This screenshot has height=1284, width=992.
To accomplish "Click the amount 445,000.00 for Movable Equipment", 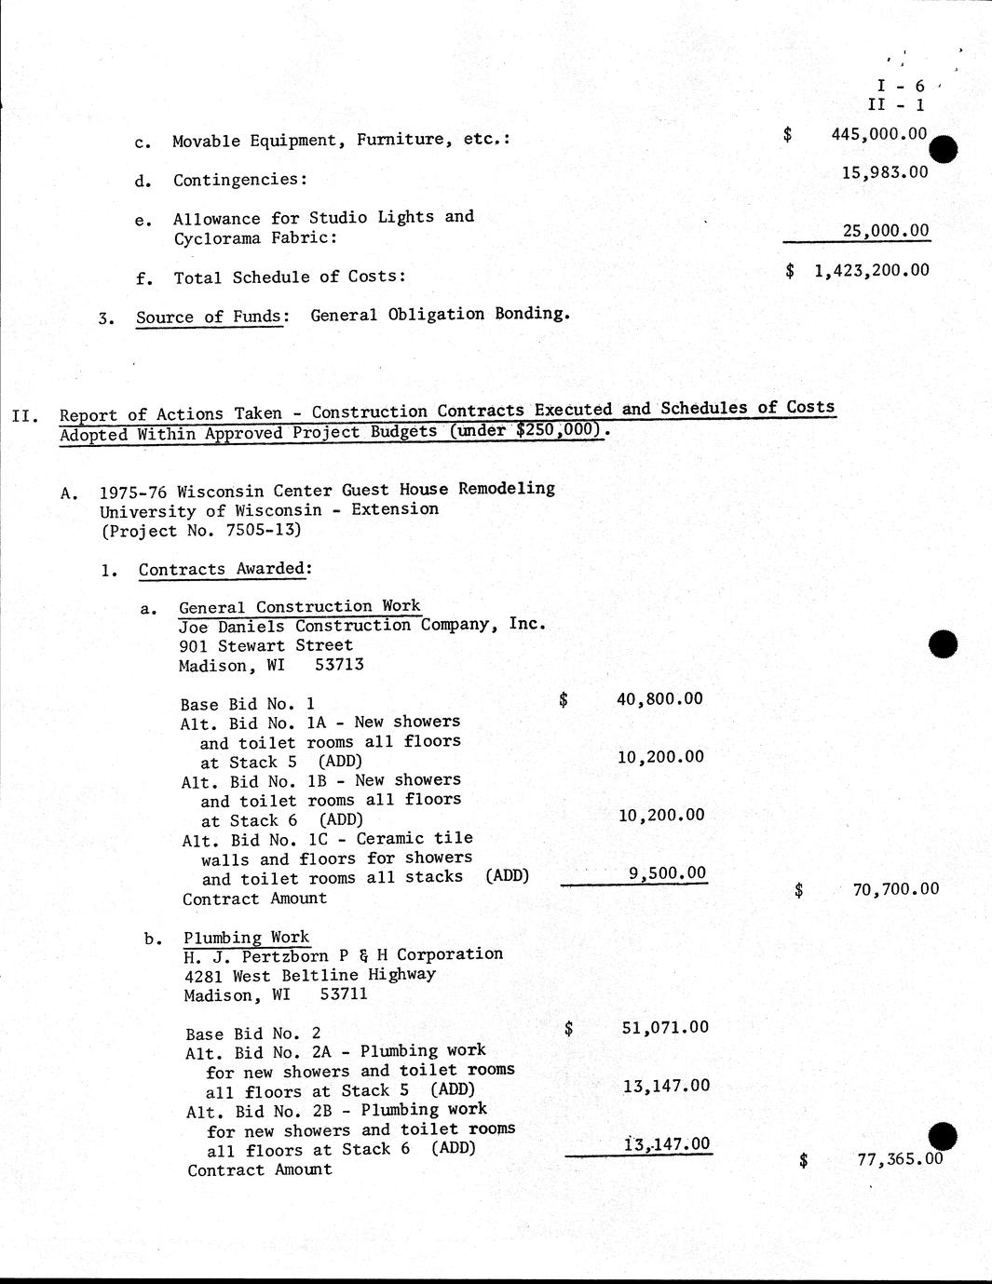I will point(878,134).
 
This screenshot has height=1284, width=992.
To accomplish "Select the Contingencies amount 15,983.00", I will point(884,172).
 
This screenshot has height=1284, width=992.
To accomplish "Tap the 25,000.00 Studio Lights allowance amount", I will point(886,230).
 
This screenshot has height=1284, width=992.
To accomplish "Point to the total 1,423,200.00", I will point(871,270).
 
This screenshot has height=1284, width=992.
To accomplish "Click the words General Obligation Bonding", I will point(440,314).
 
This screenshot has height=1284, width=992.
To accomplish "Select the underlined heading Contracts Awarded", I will point(224,569).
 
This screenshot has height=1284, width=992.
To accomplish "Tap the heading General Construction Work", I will point(299,606).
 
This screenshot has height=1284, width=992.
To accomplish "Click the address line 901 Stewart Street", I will point(265,645).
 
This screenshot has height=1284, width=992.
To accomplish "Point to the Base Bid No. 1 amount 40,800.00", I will point(659,698).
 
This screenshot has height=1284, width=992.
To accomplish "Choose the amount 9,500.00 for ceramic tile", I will point(667,873).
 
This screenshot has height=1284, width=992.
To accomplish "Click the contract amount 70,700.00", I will point(895,889).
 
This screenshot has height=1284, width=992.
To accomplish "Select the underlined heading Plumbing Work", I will point(246,938).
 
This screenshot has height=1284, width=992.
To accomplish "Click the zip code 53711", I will point(343,994).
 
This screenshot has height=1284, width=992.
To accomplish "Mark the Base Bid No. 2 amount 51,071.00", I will point(664,1027).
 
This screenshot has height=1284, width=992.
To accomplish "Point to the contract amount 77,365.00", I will point(899,1159).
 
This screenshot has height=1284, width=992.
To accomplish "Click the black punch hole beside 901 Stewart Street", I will point(943,643).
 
